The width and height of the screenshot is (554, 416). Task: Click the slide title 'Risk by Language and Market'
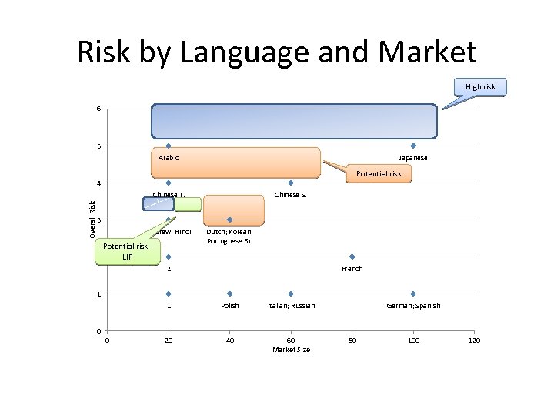pyautogui.click(x=277, y=52)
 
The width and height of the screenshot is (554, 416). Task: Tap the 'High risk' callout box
pyautogui.click(x=480, y=86)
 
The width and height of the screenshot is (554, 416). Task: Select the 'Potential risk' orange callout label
pyautogui.click(x=379, y=174)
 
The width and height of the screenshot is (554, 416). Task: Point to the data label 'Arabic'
pyautogui.click(x=169, y=158)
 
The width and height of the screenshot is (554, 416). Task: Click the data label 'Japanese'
pyautogui.click(x=413, y=158)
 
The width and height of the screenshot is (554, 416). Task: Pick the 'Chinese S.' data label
pyautogui.click(x=290, y=195)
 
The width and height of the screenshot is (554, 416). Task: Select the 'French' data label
pyautogui.click(x=352, y=269)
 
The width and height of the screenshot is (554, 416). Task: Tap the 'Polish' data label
pyautogui.click(x=229, y=306)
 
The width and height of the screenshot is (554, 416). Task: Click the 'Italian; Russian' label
pyautogui.click(x=291, y=306)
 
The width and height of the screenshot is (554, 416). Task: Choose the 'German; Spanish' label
pyautogui.click(x=413, y=306)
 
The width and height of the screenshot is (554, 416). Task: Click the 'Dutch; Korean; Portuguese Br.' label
pyautogui.click(x=229, y=237)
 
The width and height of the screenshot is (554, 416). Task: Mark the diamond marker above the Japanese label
pyautogui.click(x=413, y=146)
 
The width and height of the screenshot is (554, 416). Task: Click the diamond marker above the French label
pyautogui.click(x=352, y=257)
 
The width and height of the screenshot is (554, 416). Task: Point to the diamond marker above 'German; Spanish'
pyautogui.click(x=413, y=294)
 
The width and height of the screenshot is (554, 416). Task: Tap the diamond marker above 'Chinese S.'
pyautogui.click(x=291, y=183)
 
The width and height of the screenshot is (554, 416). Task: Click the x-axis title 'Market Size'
pyautogui.click(x=291, y=350)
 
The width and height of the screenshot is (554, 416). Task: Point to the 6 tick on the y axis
pyautogui.click(x=98, y=109)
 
